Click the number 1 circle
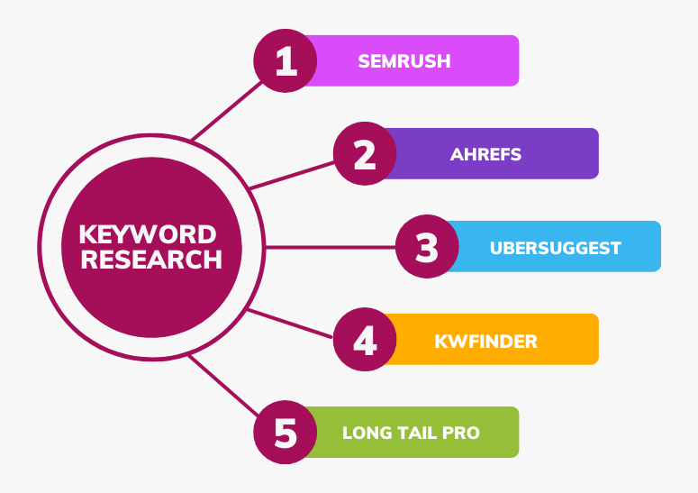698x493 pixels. (285, 60)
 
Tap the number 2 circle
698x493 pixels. (365, 153)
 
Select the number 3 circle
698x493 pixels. (427, 246)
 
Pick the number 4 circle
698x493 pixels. (365, 340)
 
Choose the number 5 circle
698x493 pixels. (285, 432)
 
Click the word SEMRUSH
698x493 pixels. (404, 61)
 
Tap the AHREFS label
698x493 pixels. (485, 154)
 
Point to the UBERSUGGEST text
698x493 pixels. (555, 248)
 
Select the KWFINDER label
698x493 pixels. (485, 342)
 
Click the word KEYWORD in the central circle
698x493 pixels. (148, 234)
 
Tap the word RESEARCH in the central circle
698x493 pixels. (151, 260)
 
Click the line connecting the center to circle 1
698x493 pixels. (227, 112)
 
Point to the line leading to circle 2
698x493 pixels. (292, 176)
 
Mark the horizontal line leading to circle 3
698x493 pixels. (331, 247)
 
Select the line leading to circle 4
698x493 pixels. (290, 324)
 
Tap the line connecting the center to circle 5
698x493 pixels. (223, 386)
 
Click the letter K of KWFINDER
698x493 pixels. (440, 342)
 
